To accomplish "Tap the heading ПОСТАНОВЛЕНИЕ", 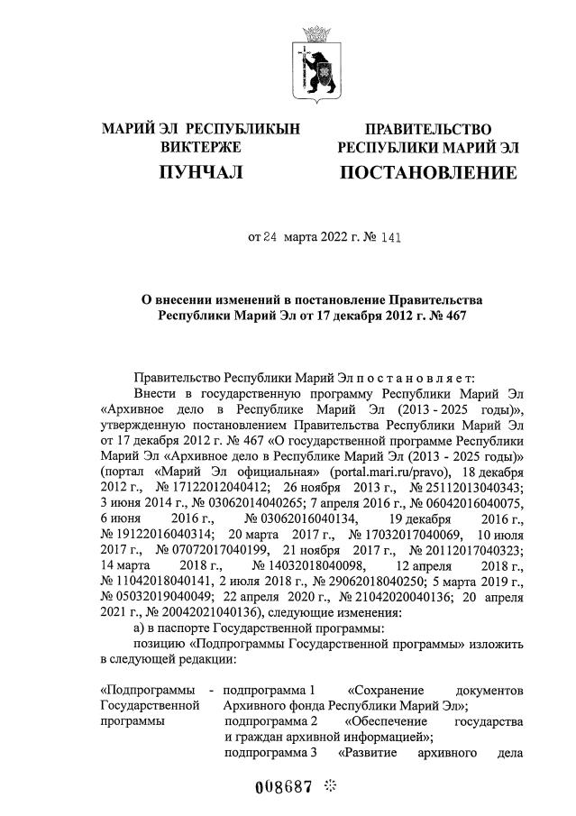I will coord(428,171).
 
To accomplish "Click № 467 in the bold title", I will coord(450,316).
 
